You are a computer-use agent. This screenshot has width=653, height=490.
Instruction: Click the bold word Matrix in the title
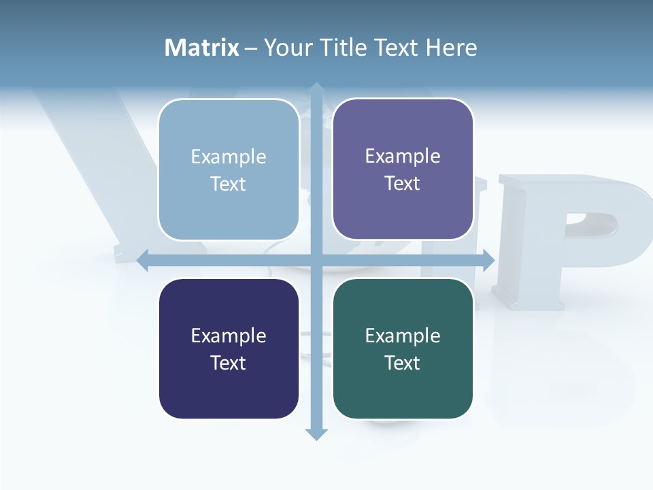point(202,48)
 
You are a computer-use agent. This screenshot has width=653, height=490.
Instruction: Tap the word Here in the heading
point(451,48)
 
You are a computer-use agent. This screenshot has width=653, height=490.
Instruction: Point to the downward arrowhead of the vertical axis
point(316,434)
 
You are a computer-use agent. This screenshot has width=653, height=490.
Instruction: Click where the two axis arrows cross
point(316,260)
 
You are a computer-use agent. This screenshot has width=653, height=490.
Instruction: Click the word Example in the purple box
point(403,156)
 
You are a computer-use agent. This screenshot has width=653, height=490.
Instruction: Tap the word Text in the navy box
point(228,363)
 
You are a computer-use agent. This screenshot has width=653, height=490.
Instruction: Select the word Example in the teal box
point(403,336)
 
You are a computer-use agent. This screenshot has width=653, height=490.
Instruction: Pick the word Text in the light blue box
point(228,184)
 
